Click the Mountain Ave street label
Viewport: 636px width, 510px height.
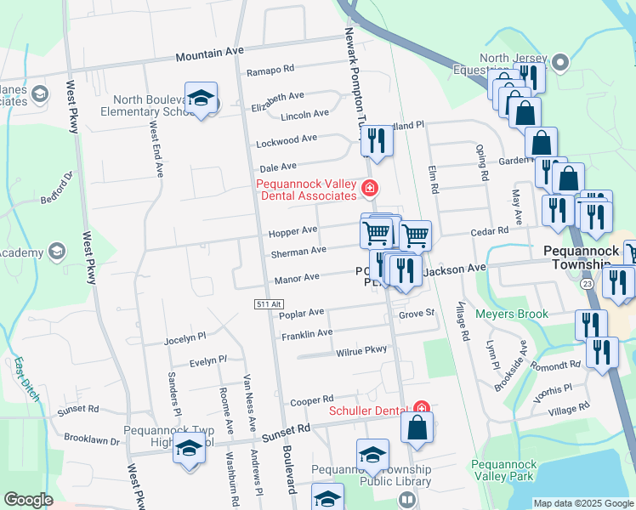coord(209,54)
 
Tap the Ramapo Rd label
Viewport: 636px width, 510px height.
coord(270,70)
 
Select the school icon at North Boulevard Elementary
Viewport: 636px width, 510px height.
coord(201,101)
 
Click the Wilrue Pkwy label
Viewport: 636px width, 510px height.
coord(361,350)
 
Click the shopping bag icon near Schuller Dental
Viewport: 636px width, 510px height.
coord(417,428)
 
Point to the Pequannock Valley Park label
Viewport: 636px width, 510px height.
coord(503,471)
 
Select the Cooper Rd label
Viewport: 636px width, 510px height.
coord(310,399)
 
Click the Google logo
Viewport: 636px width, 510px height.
coord(28,500)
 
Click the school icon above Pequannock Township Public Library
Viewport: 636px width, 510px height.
coord(372,456)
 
